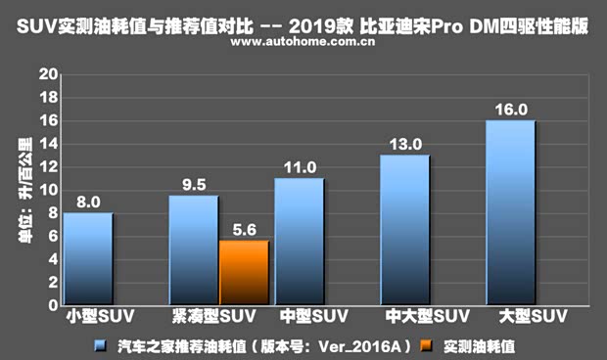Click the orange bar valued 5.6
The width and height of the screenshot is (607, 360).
244,272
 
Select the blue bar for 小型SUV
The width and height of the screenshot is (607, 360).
88,258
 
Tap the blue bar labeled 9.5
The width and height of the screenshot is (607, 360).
193,249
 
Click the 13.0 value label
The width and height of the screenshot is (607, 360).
405,144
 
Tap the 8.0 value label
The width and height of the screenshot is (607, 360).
89,202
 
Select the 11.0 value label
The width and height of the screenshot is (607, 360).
300,167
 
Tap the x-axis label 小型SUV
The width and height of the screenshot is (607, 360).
93,317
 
